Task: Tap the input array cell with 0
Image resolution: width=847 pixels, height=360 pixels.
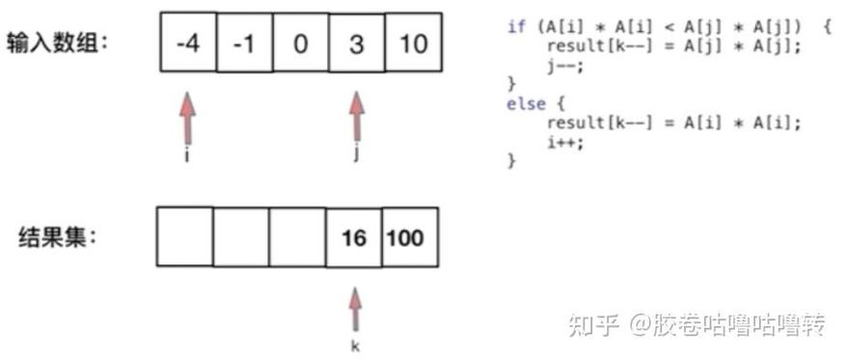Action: coord(299,44)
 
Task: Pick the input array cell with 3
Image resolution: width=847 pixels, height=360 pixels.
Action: coord(356,44)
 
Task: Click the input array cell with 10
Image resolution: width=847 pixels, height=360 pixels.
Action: coord(413,44)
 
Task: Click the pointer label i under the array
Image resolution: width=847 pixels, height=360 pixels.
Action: coord(185,155)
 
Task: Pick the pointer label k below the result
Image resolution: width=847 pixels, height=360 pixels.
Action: coord(354,345)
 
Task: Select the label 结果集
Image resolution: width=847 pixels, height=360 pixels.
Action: coord(57,236)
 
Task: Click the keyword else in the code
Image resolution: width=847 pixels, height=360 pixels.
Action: coord(526,104)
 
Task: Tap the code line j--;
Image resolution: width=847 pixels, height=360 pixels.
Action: coord(561,66)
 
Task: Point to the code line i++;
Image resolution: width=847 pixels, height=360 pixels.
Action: coord(561,142)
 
